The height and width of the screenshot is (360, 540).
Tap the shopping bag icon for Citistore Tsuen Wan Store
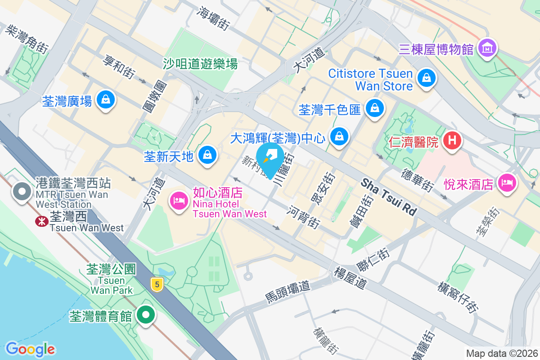pos(426,78)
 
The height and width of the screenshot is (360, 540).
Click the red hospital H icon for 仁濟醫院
pos(453,140)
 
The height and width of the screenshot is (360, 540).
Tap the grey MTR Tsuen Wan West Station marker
pos(21,191)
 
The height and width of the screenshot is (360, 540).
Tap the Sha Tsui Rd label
pos(389,197)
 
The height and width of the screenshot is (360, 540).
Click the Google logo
pos(30,349)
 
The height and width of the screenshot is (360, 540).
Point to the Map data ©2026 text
pos(501,354)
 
